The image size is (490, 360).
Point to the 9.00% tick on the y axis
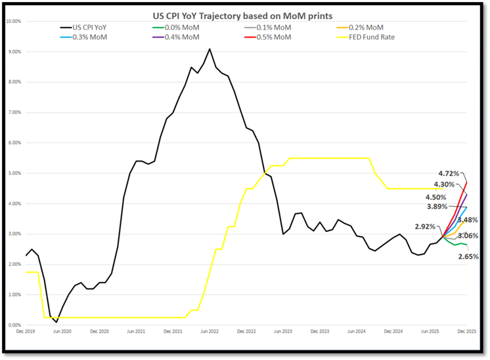[x=13, y=51]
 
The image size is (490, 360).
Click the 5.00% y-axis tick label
[x=13, y=173]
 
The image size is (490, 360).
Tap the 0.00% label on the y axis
[x=13, y=325]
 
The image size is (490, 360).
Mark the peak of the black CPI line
[x=210, y=49]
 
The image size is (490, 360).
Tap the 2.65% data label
[x=468, y=257]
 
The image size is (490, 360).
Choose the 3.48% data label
[x=468, y=220]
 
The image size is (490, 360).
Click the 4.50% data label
[x=437, y=197]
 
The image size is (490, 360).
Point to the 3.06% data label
[x=468, y=235]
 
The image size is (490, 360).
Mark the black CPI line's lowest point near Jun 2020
[x=56, y=322]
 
